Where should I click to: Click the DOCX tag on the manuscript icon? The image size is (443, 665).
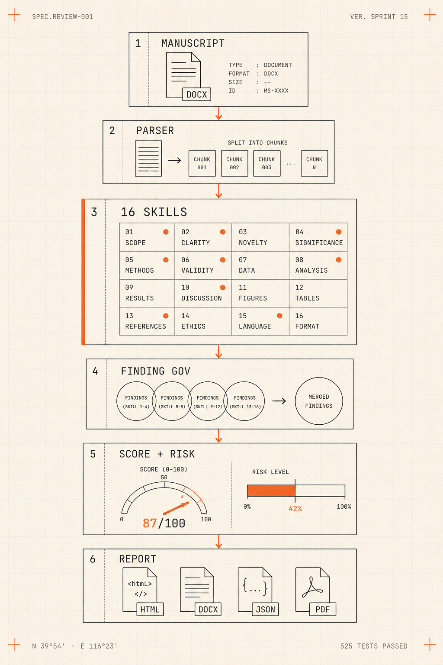click(196, 94)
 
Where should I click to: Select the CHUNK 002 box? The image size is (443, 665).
click(234, 164)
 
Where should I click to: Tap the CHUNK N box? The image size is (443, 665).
click(314, 164)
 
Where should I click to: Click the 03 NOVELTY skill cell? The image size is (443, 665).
click(260, 237)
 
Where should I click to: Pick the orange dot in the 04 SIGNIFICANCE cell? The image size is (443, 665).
click(339, 232)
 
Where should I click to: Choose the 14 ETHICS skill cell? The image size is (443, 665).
click(203, 321)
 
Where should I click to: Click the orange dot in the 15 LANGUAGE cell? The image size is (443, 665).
click(279, 316)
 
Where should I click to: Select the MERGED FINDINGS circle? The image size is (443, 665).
click(319, 401)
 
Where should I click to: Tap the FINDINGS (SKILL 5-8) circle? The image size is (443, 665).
click(172, 401)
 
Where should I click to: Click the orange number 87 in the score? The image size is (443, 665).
click(150, 523)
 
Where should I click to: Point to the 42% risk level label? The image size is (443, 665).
click(295, 509)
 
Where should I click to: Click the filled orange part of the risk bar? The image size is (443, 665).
click(271, 491)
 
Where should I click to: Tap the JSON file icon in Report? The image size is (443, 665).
click(258, 591)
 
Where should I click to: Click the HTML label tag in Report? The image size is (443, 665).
click(150, 610)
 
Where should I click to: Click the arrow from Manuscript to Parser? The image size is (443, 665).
click(218, 113)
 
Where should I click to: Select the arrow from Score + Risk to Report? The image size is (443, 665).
click(218, 542)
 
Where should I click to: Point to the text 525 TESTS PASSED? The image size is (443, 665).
click(374, 646)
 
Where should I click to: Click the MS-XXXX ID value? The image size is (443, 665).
click(276, 90)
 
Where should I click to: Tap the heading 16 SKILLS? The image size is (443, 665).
click(154, 212)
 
